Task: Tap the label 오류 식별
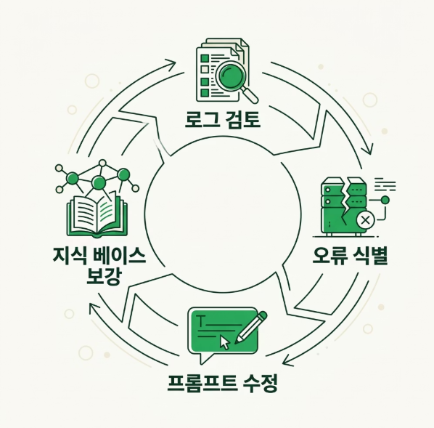point(350,256)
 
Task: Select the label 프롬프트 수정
point(222,383)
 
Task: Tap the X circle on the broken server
point(365,220)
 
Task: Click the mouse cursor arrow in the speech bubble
point(225,343)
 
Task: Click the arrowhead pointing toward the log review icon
point(171,63)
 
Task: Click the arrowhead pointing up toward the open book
point(94,307)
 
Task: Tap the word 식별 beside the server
point(369,256)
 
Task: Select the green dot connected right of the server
point(385,200)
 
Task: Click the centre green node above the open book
point(99,182)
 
